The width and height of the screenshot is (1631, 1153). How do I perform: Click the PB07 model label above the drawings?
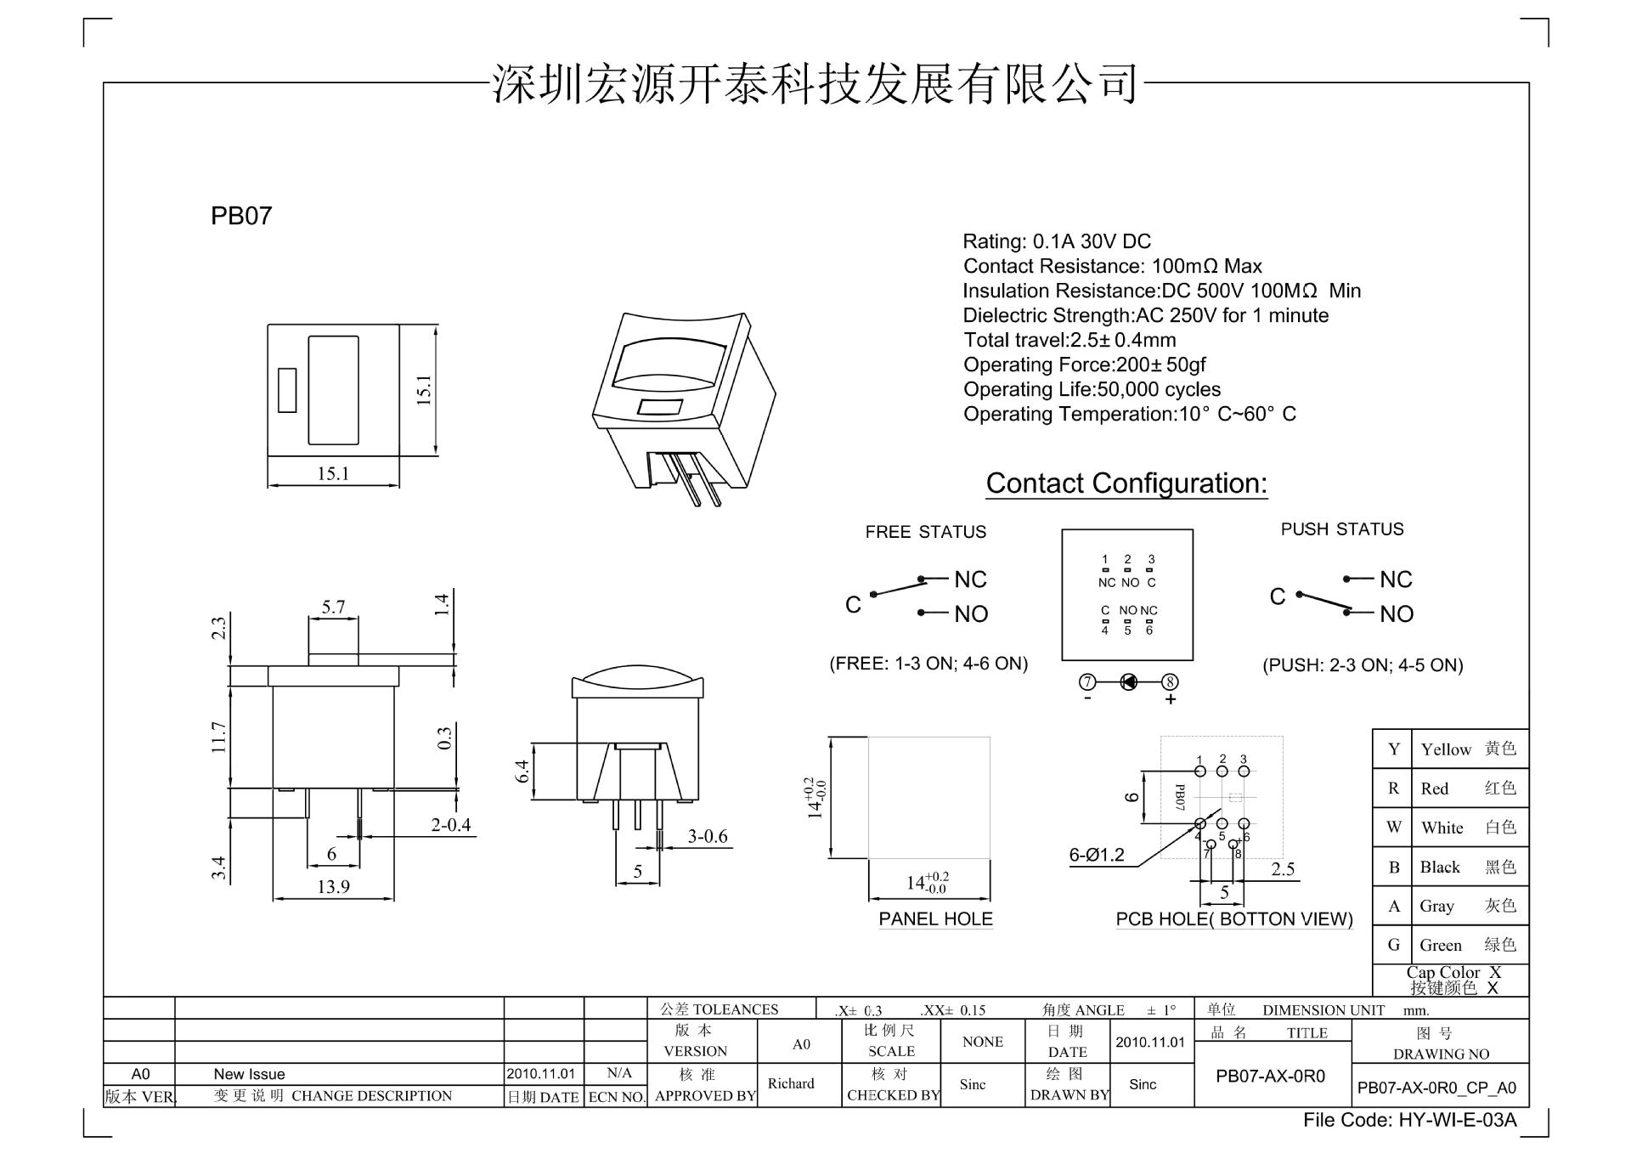click(x=241, y=216)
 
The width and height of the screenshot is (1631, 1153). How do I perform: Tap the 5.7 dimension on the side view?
click(x=333, y=607)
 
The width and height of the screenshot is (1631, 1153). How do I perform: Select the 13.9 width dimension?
click(x=333, y=886)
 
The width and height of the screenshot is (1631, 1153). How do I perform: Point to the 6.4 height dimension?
click(x=522, y=771)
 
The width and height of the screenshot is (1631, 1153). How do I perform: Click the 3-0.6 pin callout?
click(x=708, y=836)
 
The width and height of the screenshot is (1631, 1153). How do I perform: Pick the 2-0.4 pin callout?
click(x=450, y=824)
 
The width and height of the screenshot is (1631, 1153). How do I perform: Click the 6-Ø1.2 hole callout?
click(x=1096, y=855)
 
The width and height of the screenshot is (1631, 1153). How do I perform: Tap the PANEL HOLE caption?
click(x=935, y=918)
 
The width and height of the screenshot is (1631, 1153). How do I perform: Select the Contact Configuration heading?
click(x=1126, y=483)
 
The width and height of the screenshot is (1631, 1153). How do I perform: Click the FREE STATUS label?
click(x=926, y=532)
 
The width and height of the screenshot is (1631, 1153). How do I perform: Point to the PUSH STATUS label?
click(x=1342, y=529)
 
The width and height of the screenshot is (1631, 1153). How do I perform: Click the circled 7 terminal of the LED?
click(x=1087, y=681)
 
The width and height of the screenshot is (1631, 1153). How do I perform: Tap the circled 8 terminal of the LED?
click(x=1170, y=681)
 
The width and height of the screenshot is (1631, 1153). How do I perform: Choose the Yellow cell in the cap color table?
click(x=1446, y=749)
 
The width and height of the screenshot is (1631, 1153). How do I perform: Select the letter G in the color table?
click(x=1393, y=945)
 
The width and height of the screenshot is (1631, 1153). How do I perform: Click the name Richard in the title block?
click(x=791, y=1083)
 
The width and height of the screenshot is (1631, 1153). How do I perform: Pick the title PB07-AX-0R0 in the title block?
click(x=1270, y=1077)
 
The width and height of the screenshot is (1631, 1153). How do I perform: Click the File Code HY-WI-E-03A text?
click(x=1409, y=1120)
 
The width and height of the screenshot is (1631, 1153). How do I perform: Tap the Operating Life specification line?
click(x=1092, y=389)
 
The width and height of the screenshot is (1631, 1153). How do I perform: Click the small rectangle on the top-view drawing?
click(x=288, y=390)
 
